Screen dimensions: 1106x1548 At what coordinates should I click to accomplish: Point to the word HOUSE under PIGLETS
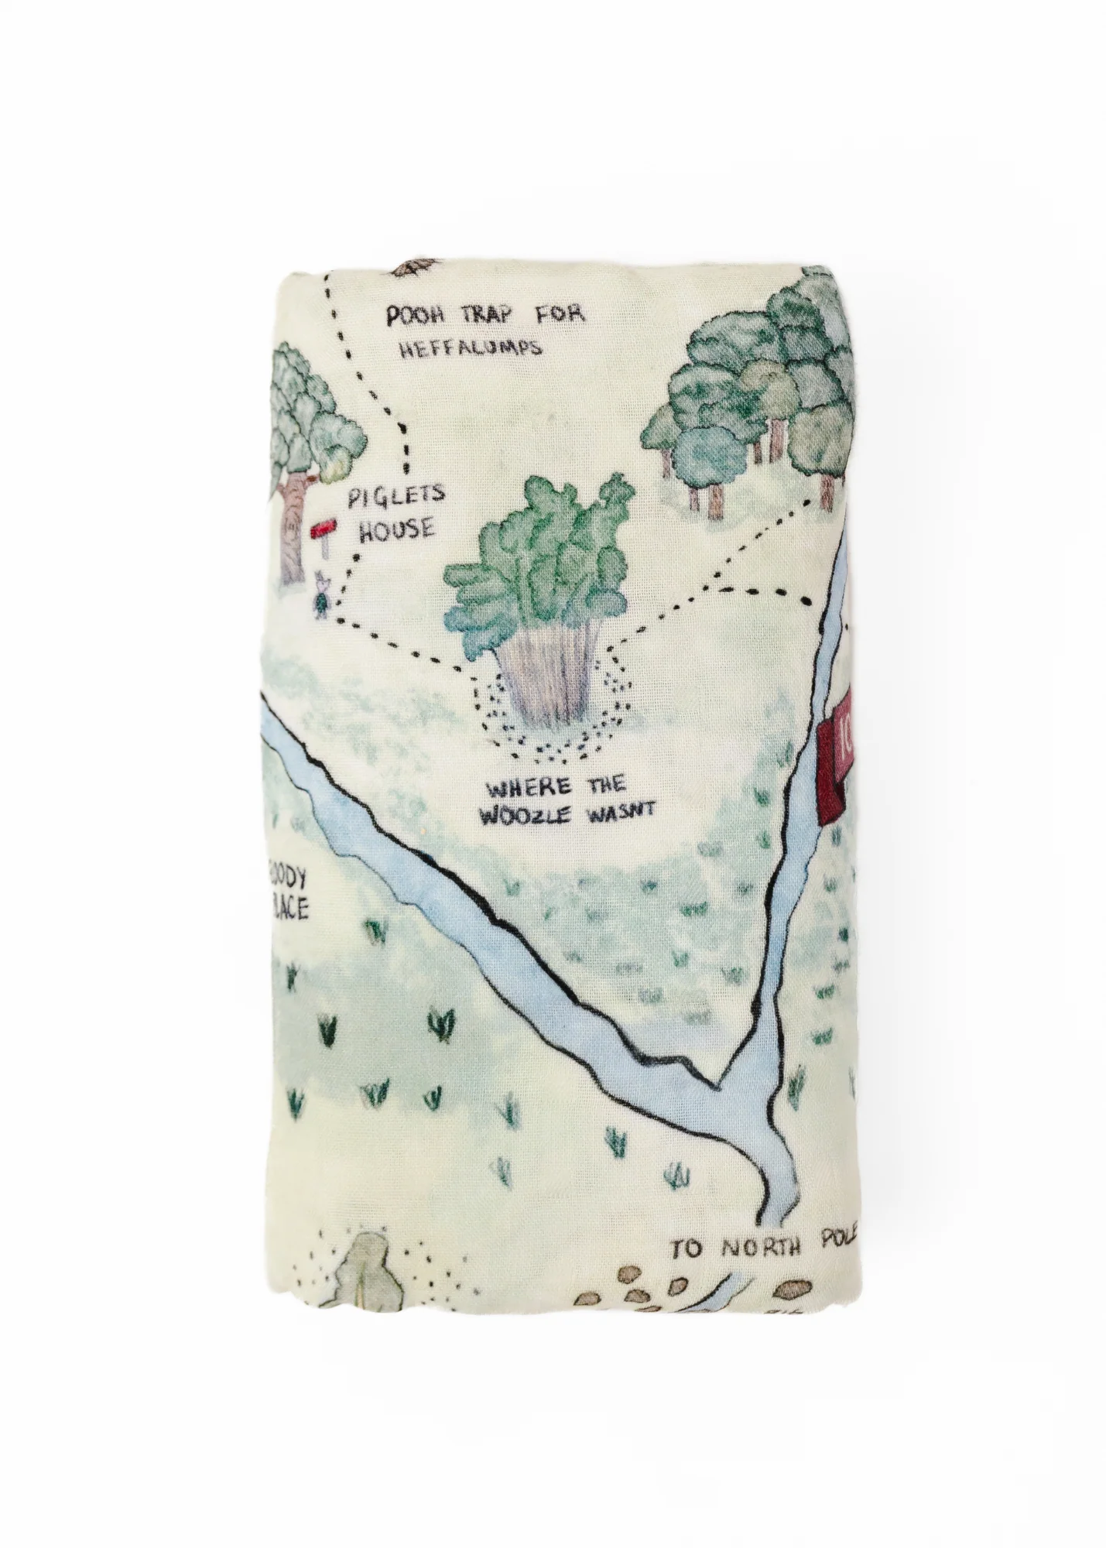click(x=389, y=529)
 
